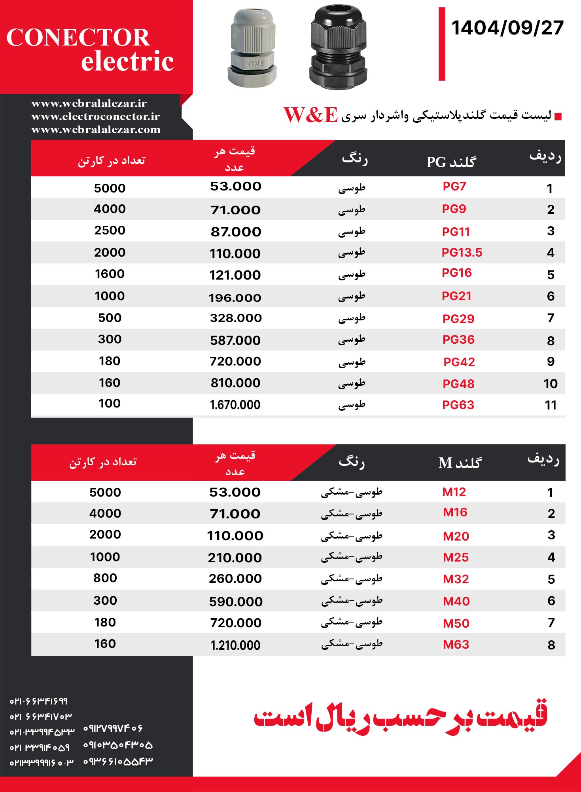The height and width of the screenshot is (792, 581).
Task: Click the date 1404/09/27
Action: tap(507, 28)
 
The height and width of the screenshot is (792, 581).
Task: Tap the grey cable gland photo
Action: tap(252, 48)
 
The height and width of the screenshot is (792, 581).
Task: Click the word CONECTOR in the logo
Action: tap(78, 38)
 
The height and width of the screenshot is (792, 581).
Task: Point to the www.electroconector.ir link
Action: tap(95, 116)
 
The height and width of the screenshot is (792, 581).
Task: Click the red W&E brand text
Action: tap(311, 115)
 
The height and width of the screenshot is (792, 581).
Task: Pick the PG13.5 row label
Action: tap(462, 253)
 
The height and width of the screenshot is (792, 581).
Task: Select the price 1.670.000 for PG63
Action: tap(235, 405)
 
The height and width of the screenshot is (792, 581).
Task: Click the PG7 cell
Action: tap(454, 187)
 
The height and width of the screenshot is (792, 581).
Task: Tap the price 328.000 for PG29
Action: tap(236, 318)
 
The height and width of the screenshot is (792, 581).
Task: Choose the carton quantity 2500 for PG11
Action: tap(110, 230)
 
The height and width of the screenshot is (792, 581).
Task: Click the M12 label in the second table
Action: tap(454, 492)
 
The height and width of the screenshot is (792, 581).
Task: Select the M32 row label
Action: tap(456, 579)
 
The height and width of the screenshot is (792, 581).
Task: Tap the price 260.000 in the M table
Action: tap(235, 579)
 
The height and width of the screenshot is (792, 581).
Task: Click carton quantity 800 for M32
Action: tap(105, 578)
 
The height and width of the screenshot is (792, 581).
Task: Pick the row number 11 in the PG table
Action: tap(551, 405)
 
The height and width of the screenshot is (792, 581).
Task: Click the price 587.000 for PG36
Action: tap(235, 340)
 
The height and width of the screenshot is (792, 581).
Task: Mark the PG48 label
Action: tap(458, 384)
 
